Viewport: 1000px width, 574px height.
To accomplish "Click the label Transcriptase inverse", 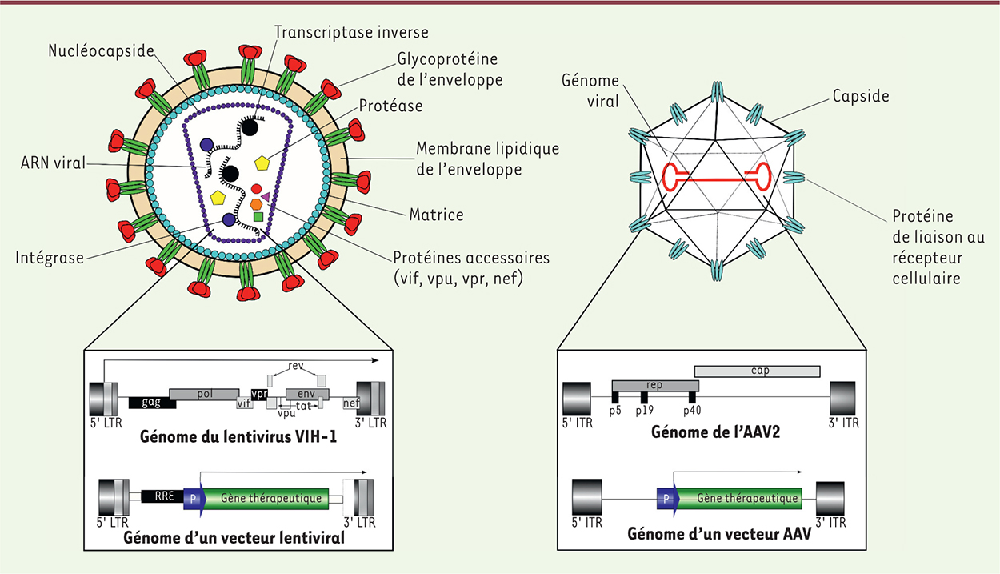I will (351, 33).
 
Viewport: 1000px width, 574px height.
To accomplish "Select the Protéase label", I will (390, 106).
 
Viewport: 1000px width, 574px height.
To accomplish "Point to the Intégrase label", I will (50, 258).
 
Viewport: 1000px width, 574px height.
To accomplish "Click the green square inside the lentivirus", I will (258, 216).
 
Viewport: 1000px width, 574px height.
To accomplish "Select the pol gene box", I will (203, 394).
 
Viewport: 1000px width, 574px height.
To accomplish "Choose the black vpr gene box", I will (258, 394).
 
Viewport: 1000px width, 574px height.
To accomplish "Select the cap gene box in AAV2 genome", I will (757, 371).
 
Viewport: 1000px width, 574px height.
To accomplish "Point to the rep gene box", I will (654, 385).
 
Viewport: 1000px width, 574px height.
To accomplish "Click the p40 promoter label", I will (692, 410).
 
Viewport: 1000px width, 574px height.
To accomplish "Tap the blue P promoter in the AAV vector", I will (666, 498).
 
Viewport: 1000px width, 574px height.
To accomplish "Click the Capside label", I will (860, 96).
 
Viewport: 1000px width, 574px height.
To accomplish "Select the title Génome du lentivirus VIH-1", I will (238, 438).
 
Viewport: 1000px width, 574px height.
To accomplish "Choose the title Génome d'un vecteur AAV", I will (719, 534).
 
